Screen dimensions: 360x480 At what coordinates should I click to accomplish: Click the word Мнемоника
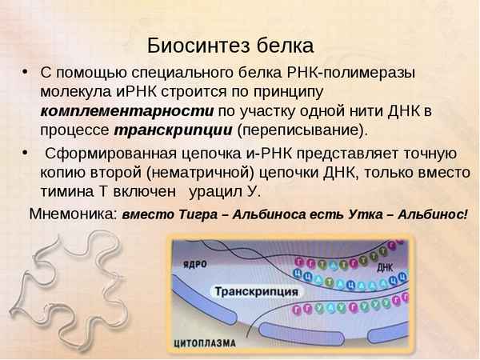[73, 214]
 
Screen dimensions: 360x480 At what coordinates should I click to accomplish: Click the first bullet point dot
[26, 72]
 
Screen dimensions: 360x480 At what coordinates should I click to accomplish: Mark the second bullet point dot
[26, 154]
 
